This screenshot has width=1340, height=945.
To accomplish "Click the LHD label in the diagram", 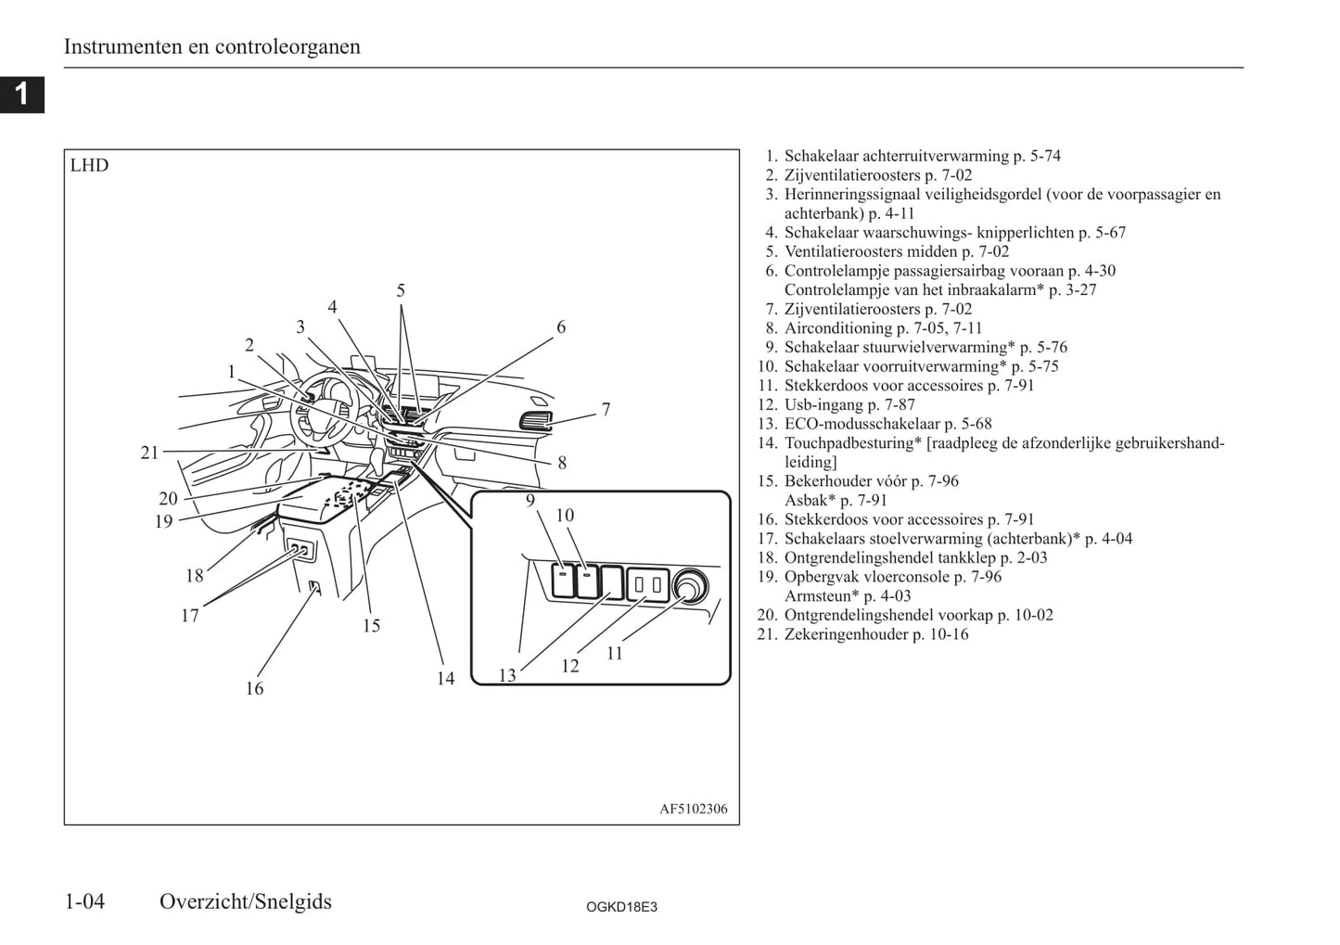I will point(89,166).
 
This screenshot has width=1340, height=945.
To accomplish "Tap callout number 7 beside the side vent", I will point(606,410).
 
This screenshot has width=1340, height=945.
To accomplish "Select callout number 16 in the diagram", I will point(254,688).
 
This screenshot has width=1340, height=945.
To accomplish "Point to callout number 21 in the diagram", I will point(150,453).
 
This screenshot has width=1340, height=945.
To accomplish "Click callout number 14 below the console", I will point(446,679).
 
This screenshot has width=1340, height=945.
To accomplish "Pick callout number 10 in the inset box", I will point(565,516).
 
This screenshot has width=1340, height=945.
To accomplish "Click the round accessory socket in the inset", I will point(689,586).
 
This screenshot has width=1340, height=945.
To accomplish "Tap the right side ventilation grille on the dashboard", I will point(535,421).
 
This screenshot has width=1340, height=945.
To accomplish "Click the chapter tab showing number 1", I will point(21,94).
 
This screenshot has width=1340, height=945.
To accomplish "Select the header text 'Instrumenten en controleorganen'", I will point(211,46).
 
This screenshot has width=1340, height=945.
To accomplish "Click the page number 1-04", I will point(84,901).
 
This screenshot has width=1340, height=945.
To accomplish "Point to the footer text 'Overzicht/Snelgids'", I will point(245,901).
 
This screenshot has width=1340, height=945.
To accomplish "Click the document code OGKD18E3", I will point(621,907).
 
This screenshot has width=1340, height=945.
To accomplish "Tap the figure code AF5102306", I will point(693,809).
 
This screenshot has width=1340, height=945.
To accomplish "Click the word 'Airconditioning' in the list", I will point(838,328).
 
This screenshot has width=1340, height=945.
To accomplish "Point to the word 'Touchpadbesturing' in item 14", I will point(849,443).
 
